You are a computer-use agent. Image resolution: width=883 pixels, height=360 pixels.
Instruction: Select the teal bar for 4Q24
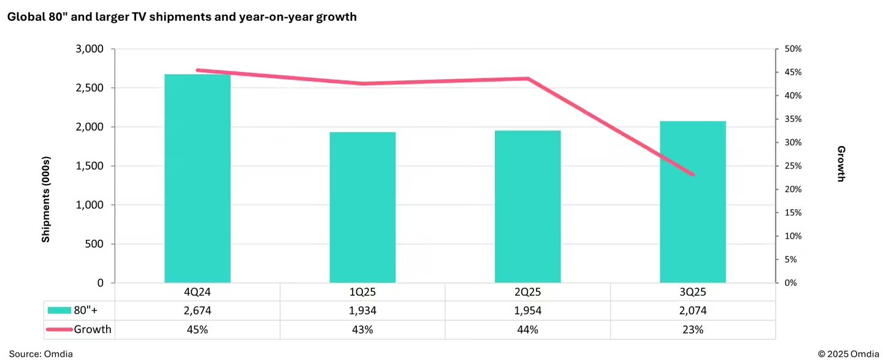click(197, 178)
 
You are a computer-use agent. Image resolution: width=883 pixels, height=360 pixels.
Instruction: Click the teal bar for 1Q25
click(362, 207)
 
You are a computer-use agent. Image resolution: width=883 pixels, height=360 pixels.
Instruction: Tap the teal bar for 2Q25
click(527, 207)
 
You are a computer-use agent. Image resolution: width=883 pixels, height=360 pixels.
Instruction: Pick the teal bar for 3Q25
click(692, 202)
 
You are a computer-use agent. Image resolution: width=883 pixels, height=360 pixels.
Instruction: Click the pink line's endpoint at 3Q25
click(693, 175)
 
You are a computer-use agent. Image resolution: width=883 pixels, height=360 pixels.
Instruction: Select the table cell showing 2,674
click(197, 311)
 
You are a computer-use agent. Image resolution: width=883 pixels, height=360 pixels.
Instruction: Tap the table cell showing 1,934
click(362, 311)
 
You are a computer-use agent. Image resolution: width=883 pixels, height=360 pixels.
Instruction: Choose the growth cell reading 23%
click(692, 330)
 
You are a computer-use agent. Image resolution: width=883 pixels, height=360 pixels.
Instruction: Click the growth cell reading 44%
click(527, 330)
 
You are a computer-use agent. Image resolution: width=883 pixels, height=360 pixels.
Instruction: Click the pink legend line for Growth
click(59, 330)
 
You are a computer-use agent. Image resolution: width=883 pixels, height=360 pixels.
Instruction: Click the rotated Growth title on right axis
click(841, 164)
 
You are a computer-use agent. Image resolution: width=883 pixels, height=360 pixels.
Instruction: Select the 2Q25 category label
click(527, 293)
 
